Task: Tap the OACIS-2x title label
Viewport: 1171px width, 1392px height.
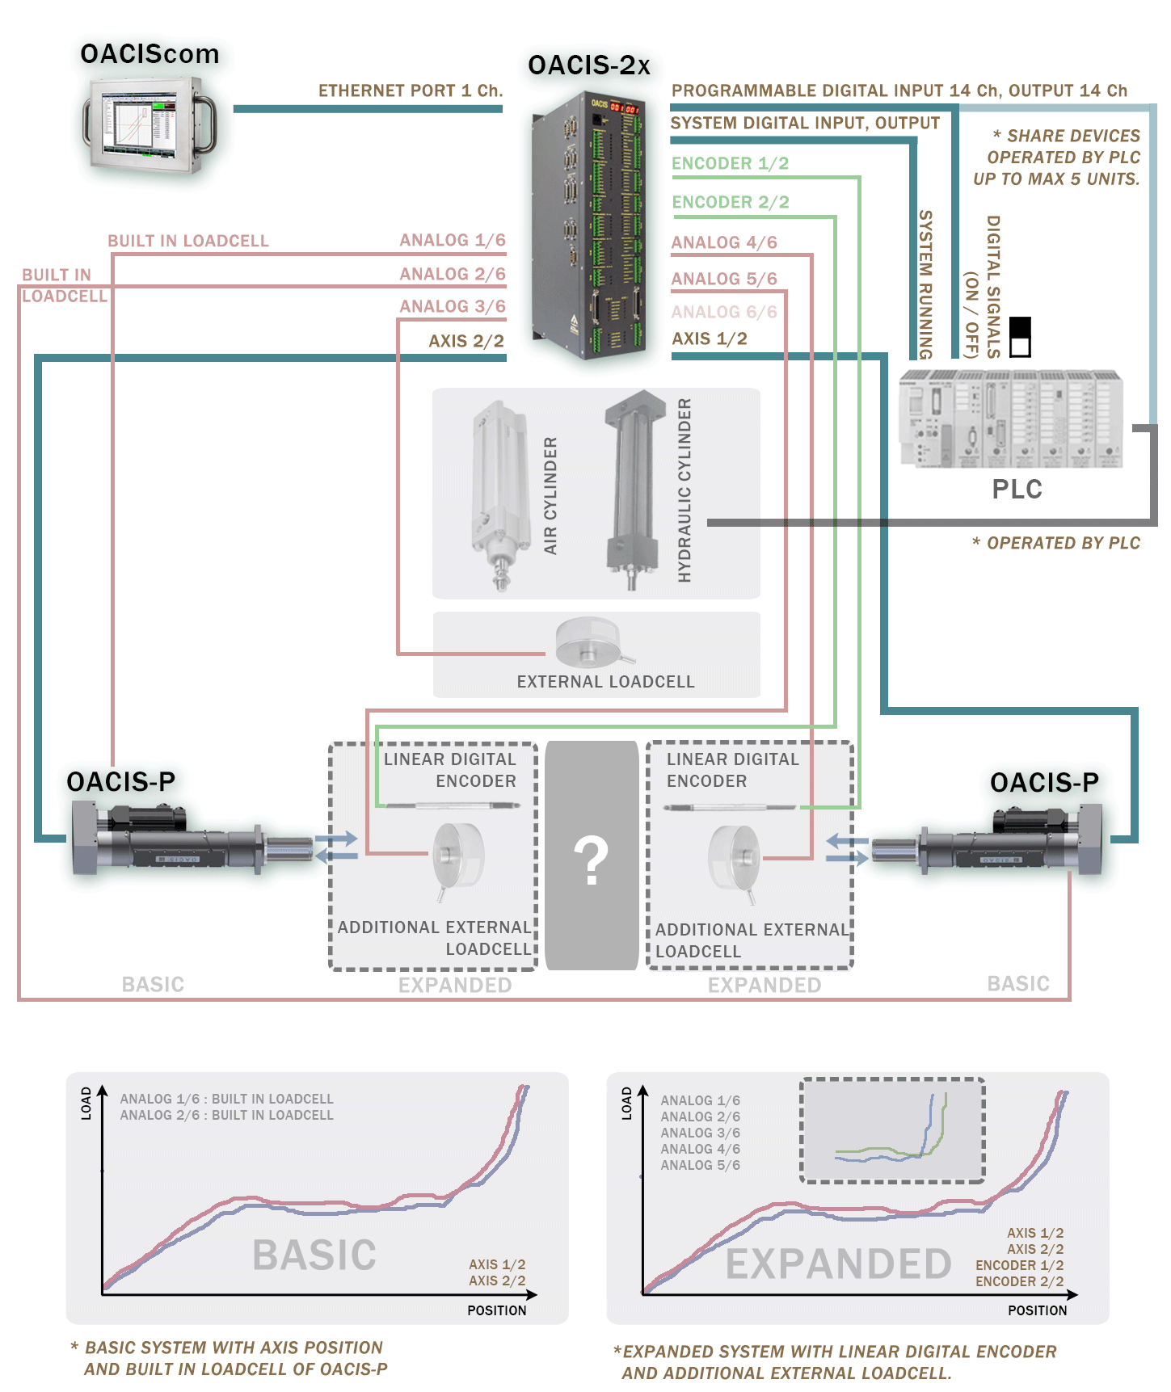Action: click(x=588, y=65)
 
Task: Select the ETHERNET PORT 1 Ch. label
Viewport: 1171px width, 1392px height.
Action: click(x=410, y=90)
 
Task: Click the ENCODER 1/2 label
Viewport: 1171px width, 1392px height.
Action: click(x=730, y=163)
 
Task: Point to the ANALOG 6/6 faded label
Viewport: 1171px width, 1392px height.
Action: click(x=723, y=312)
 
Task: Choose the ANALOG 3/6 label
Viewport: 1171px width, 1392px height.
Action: click(x=452, y=306)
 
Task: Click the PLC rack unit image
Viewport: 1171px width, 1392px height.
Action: click(x=1010, y=418)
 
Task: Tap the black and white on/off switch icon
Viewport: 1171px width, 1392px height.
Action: click(x=1021, y=337)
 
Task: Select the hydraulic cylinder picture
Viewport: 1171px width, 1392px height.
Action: click(x=634, y=490)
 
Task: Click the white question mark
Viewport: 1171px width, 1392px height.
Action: click(x=591, y=860)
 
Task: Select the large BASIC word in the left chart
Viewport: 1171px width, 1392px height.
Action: click(x=314, y=1255)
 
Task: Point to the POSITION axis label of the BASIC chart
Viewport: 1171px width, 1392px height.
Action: click(x=496, y=1310)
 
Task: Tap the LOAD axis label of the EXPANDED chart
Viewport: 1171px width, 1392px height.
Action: click(x=626, y=1103)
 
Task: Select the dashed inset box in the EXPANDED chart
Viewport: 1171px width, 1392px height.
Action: click(x=892, y=1130)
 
